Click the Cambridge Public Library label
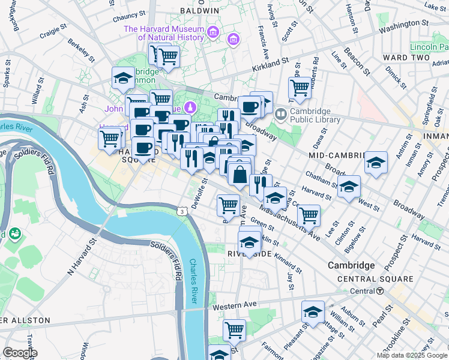click(x=315, y=115)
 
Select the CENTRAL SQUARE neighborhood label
click(x=375, y=279)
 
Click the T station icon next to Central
click(x=380, y=291)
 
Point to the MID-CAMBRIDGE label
click(x=337, y=155)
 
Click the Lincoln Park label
click(x=429, y=47)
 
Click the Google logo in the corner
click(x=20, y=353)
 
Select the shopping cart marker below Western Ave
click(x=234, y=329)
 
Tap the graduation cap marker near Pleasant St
click(x=313, y=311)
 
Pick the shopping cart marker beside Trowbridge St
click(x=300, y=88)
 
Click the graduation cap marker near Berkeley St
click(x=123, y=77)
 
